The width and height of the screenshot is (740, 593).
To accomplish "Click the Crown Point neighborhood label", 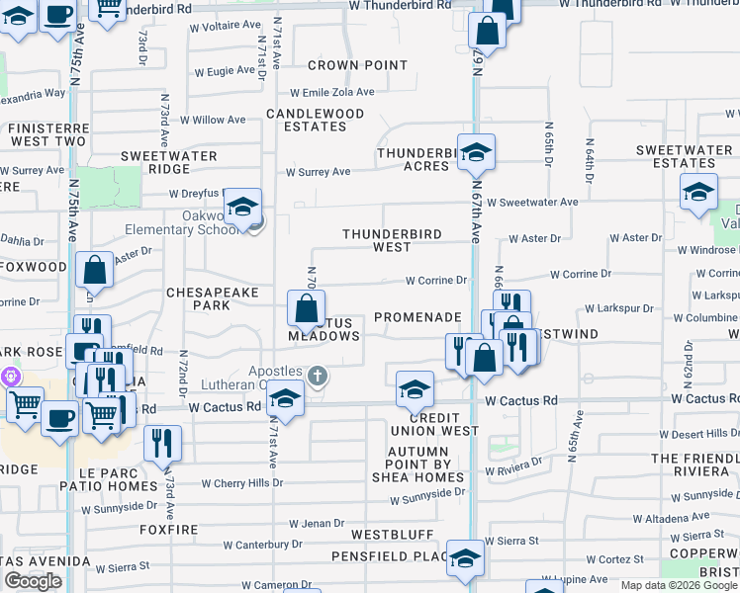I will pos(357,65).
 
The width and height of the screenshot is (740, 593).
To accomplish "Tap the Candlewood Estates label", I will pos(316,120).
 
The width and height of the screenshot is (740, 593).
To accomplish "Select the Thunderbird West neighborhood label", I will pos(391,240).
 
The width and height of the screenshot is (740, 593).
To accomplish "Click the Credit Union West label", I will pos(443,424).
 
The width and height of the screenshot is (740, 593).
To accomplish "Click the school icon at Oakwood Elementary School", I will pos(241,207).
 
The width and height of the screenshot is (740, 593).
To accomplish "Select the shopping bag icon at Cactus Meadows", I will pos(306,307).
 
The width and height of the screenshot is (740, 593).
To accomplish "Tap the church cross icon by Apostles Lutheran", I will pos(317,375).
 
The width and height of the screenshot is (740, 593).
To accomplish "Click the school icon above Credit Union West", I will pos(416,389).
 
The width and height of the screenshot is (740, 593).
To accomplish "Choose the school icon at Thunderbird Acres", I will pos(476,152).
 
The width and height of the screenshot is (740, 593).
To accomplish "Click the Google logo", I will pos(33,581).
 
